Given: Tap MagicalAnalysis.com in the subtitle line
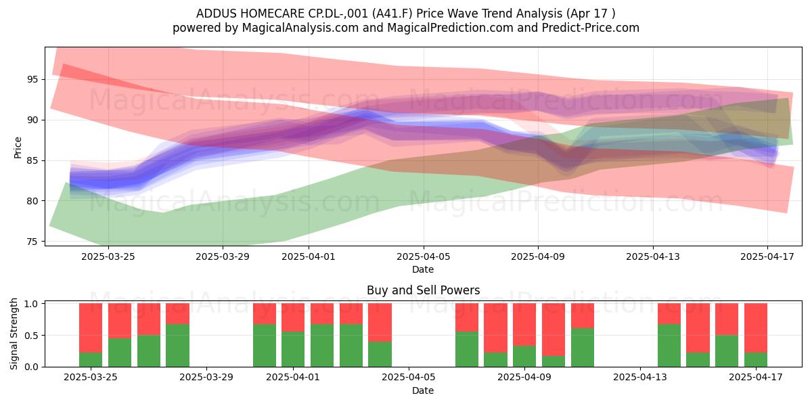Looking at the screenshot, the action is point(300,28).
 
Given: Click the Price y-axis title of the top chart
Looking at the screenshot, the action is point(18,148).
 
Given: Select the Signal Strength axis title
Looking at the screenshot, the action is point(14,334).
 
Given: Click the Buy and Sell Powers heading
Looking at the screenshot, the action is point(423,290).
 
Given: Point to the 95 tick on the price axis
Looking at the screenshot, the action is point(33,79).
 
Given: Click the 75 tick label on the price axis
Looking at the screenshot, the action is point(33,242).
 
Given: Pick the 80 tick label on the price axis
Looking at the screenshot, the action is point(33,201).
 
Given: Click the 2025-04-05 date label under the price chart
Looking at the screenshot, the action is point(424,256).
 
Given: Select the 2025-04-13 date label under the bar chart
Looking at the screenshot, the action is point(640,377).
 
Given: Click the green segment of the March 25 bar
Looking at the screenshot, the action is point(91,359).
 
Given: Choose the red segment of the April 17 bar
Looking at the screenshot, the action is point(755,328).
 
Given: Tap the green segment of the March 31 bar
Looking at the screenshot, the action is point(265,346).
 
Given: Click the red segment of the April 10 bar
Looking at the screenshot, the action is point(554,330).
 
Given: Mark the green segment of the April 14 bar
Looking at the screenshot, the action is point(669,346).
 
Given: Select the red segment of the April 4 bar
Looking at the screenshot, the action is point(380,322).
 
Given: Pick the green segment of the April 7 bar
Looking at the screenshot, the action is point(466,349).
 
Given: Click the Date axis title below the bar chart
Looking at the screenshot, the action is point(423,390).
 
